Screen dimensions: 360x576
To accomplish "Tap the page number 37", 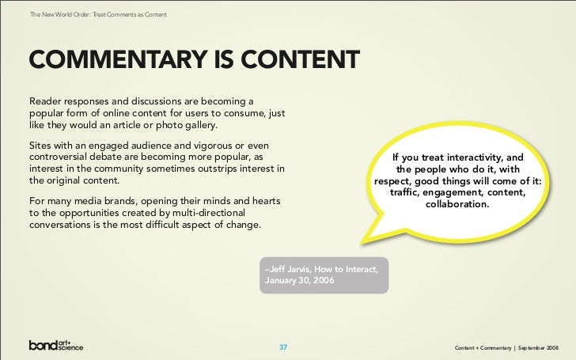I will click(284, 347).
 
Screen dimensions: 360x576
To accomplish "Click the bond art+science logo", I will click(55, 346).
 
